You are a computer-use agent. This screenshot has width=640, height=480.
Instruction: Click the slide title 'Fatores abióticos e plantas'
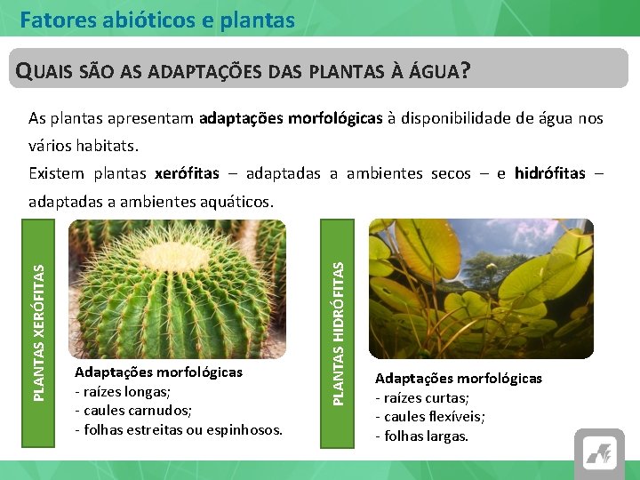157,19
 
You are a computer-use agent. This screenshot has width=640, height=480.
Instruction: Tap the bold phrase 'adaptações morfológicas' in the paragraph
292,117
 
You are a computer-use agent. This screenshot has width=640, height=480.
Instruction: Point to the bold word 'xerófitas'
187,173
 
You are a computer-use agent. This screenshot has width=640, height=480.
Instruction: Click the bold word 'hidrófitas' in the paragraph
549,173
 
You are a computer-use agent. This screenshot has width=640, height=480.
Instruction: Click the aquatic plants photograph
480,289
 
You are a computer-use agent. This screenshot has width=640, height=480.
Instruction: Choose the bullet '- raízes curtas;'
422,397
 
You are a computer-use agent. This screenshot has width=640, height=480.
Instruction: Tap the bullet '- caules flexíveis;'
430,417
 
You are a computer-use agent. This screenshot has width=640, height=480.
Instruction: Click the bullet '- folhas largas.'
421,436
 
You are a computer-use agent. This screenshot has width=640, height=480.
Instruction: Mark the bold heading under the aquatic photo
458,378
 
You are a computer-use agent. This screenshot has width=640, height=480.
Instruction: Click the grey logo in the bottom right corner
599,454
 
